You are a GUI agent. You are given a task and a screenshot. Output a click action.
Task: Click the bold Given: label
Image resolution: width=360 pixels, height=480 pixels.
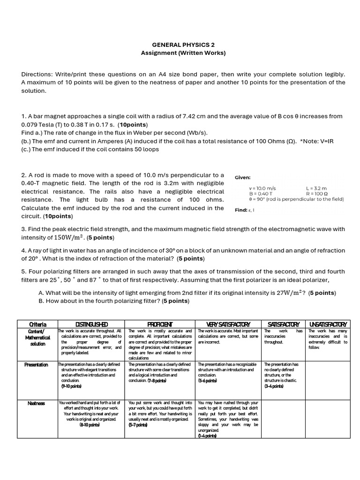243,178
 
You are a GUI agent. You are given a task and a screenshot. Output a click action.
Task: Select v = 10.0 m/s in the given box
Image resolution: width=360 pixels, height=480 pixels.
262,188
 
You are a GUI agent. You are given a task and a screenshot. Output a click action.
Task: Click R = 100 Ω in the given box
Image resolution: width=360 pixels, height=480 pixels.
316,194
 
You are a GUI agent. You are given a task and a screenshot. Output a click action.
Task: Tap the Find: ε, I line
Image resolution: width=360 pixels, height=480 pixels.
246,210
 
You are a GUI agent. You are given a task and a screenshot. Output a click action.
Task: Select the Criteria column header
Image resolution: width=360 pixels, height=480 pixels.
37,324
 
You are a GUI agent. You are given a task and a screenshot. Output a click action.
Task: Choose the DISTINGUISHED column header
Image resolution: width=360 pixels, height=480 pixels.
91,324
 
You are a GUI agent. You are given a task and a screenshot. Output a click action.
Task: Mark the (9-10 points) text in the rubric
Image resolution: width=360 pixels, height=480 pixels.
71,386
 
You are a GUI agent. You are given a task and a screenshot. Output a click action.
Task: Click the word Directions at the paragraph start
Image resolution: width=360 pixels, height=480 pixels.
37,75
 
